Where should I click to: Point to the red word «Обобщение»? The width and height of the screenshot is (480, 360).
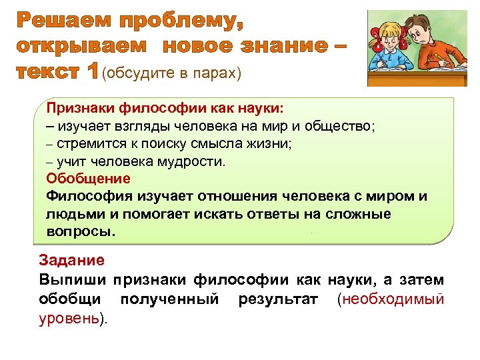point(89,179)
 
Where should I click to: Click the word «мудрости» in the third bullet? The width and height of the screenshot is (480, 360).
point(191,161)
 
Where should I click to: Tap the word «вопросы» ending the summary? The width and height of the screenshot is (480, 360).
point(80,232)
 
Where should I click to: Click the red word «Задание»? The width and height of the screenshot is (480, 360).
point(71,261)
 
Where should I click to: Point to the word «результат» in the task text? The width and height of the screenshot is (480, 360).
point(277,299)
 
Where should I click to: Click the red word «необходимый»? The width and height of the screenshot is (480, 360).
point(393,299)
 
